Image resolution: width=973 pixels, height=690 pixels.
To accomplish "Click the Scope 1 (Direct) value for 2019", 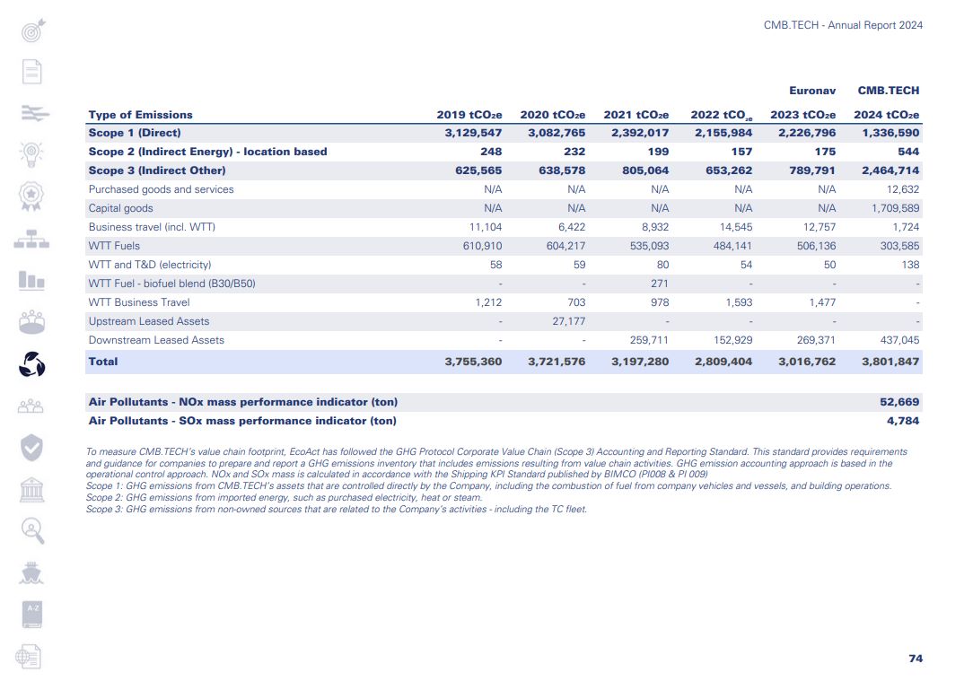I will (x=473, y=133).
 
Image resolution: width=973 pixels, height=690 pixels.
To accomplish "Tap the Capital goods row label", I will (x=120, y=208).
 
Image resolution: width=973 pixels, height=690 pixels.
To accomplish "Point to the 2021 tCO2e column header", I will (x=636, y=115).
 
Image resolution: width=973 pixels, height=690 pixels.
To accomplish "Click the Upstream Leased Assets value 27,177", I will (x=566, y=321).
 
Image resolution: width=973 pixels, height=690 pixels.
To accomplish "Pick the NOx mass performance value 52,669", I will (x=899, y=402).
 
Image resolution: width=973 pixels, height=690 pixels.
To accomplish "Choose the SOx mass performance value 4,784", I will (x=902, y=421).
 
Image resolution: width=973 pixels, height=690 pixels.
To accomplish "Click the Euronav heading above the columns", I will (x=812, y=91).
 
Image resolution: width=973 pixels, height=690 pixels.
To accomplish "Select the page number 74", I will (x=915, y=659).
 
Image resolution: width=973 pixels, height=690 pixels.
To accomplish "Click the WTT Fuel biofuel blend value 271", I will (x=659, y=284).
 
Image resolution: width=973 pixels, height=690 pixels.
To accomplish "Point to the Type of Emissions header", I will (x=140, y=115).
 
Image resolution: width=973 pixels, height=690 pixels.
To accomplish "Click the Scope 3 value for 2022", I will (x=728, y=170).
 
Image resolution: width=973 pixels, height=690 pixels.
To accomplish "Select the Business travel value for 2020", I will (x=571, y=227).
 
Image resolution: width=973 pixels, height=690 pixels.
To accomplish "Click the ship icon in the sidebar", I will (x=31, y=572).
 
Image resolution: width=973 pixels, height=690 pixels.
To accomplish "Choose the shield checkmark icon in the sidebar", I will (x=31, y=447).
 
